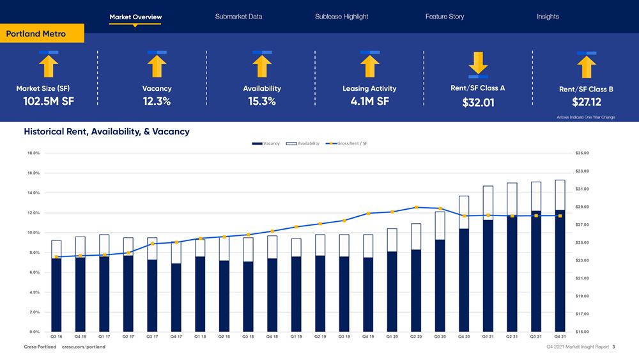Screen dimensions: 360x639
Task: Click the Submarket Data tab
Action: click(x=238, y=17)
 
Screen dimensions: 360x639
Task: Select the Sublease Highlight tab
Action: click(x=341, y=17)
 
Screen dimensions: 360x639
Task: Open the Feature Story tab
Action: click(x=445, y=17)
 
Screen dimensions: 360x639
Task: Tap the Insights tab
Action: click(x=548, y=17)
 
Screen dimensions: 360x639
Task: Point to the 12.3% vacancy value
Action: click(x=157, y=101)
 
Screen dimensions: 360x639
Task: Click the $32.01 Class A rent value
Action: click(x=478, y=102)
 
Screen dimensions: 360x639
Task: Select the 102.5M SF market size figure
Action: click(x=49, y=101)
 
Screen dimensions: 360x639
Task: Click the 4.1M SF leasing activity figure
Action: click(x=369, y=101)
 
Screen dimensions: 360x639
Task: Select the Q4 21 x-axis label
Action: click(x=560, y=335)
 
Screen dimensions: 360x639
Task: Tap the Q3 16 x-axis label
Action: click(x=56, y=335)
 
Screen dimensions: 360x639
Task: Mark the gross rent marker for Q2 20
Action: click(x=416, y=207)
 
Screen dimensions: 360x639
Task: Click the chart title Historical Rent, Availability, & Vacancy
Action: click(x=106, y=132)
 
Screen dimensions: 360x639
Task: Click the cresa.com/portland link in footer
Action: click(x=84, y=347)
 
